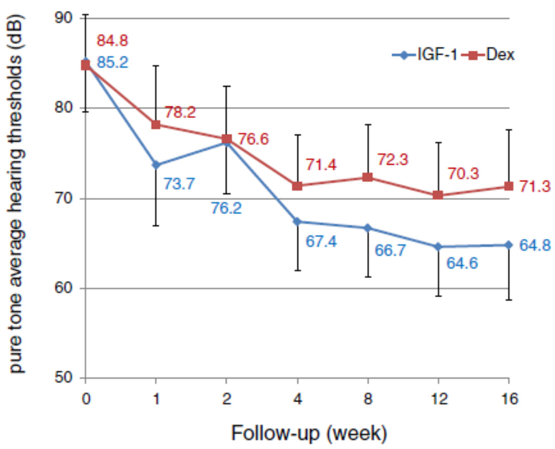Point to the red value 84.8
click(112, 41)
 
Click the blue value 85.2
click(112, 63)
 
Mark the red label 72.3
click(392, 159)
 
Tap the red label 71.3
click(532, 187)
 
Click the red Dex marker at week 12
click(438, 195)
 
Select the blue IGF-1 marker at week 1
click(155, 165)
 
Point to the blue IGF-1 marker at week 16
click(508, 245)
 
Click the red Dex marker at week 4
click(297, 186)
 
